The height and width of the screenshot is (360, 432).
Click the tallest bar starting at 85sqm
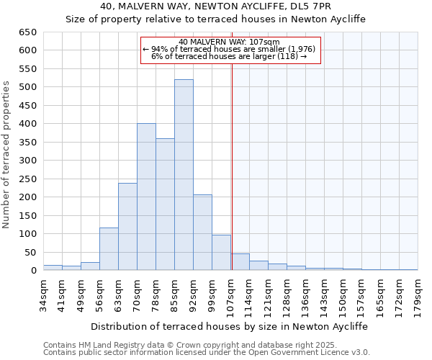click(x=184, y=175)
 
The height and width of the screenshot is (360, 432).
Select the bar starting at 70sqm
click(x=146, y=197)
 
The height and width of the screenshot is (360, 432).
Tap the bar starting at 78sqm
click(x=165, y=204)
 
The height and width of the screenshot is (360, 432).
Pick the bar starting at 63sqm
click(x=127, y=227)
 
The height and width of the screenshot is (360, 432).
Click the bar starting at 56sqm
click(x=109, y=249)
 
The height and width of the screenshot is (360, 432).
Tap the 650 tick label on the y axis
click(x=28, y=32)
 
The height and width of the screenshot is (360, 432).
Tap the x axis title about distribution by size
click(x=230, y=326)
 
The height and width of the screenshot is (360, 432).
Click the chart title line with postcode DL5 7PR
click(x=216, y=7)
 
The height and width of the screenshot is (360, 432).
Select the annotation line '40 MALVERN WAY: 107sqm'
click(x=229, y=42)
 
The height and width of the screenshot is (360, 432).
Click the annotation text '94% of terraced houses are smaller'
click(x=229, y=49)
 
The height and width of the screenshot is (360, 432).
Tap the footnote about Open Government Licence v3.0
click(x=207, y=353)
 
